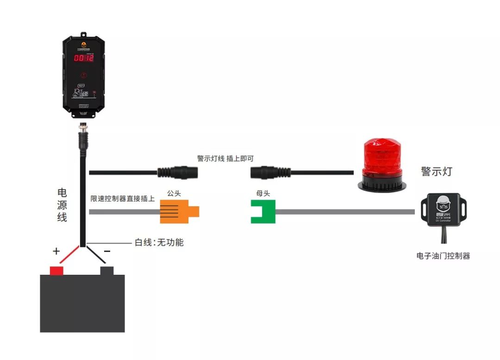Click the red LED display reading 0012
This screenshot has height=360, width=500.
click(84, 58)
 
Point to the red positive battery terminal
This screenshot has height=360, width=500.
click(56, 271)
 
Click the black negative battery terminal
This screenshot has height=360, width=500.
click(107, 271)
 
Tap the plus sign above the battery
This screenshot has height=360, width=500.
click(56, 252)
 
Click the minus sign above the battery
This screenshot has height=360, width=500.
click(107, 251)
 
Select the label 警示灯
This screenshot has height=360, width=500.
click(436, 171)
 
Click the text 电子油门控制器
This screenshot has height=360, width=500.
click(443, 255)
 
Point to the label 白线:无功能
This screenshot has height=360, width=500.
click(159, 242)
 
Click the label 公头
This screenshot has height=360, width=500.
click(174, 193)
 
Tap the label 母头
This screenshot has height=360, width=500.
click(263, 193)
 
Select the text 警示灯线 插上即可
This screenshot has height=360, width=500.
click(225, 158)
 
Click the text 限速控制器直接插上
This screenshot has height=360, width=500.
click(123, 199)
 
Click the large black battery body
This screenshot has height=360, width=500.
click(82, 303)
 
